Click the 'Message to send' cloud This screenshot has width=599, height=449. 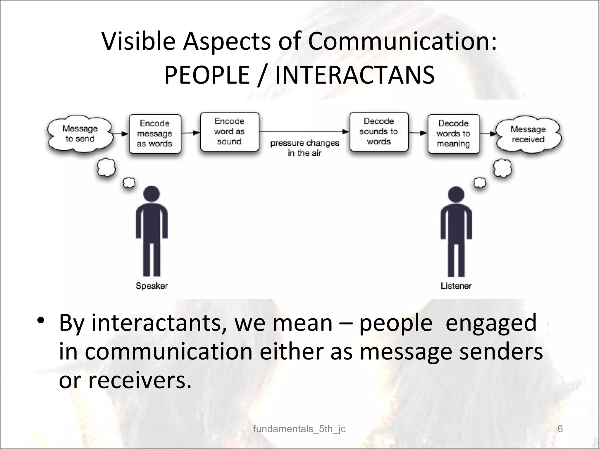80,134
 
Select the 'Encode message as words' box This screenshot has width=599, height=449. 155,134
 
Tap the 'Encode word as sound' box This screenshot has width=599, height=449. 230,132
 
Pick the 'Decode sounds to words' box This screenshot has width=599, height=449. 379,132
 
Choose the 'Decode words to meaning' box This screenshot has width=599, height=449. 454,134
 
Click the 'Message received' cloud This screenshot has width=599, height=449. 528,134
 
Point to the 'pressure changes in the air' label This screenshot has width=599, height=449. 304,148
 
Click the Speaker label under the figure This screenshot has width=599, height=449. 152,286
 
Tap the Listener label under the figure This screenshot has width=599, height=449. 456,286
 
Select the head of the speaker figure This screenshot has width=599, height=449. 152,194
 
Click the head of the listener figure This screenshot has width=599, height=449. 456,194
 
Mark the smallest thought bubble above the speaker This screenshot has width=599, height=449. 129,183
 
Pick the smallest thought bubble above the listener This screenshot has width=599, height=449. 480,183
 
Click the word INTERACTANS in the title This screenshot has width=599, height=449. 355,75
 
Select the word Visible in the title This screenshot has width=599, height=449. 138,41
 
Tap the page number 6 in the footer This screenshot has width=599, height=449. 560,429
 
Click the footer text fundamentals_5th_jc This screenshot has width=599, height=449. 299,429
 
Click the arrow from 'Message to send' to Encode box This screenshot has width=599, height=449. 120,134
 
